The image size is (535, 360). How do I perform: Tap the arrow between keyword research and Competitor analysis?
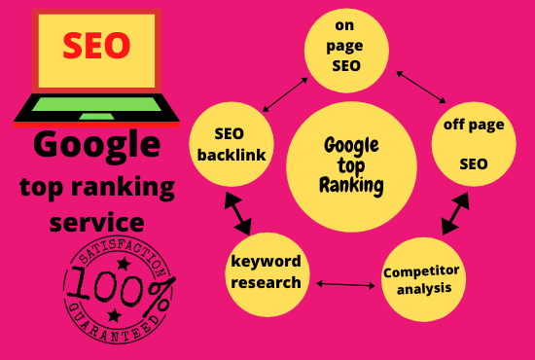[346, 285]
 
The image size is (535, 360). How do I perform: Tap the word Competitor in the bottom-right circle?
[422, 271]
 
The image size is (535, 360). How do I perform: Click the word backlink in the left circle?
[231, 157]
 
